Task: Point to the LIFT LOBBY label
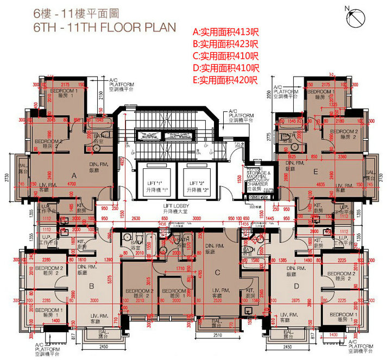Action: (175, 210)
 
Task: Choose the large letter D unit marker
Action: (296, 286)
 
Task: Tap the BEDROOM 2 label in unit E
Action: (344, 134)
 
